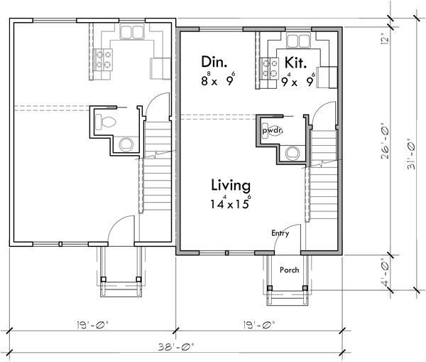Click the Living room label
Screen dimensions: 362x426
231,186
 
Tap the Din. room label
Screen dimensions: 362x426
214,62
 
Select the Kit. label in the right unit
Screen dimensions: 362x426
296,62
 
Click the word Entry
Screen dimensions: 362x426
280,233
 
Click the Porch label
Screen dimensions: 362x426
288,270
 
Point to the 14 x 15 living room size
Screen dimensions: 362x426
231,203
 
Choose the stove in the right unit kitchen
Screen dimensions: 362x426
271,68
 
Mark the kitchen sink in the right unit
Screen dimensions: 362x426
297,40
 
